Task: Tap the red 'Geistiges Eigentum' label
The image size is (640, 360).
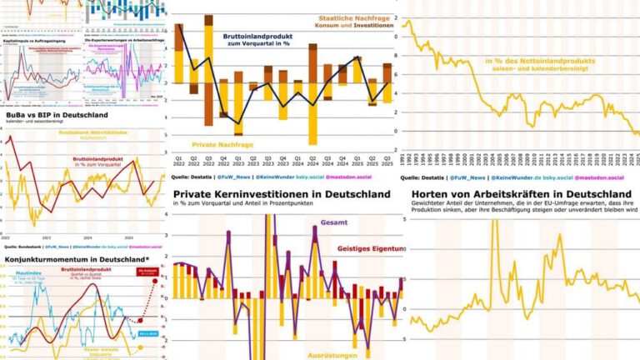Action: pyautogui.click(x=370, y=248)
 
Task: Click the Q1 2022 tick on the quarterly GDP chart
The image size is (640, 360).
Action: pyautogui.click(x=178, y=160)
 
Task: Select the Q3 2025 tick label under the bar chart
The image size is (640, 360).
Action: pyautogui.click(x=387, y=160)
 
